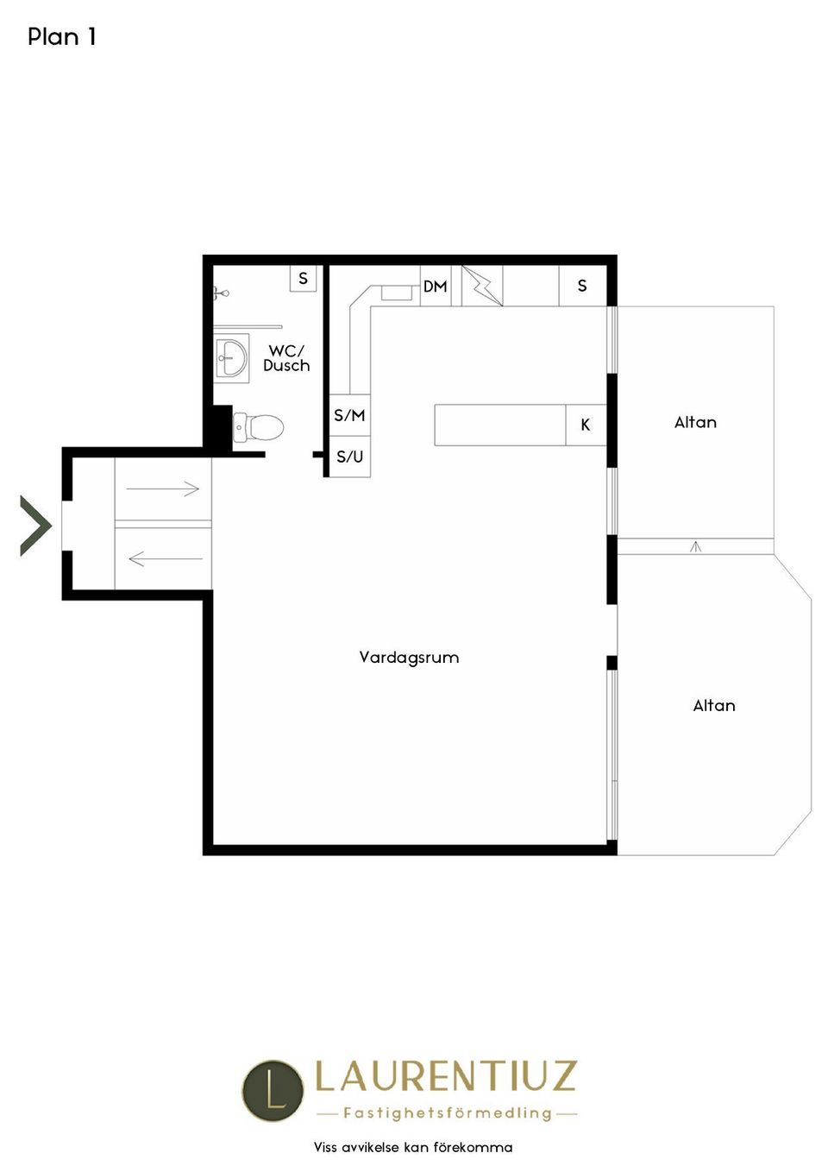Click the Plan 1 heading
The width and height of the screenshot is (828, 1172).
[62, 36]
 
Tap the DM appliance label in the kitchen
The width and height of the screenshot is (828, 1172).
[435, 287]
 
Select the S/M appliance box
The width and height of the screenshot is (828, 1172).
[349, 415]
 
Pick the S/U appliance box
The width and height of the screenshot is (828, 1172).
[349, 457]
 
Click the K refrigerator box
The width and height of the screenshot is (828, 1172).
[586, 425]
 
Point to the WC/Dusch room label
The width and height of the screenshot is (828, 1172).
[286, 358]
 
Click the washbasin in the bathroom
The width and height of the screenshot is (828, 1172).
[231, 358]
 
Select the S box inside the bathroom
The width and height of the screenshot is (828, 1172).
[304, 279]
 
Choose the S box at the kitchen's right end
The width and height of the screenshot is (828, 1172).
[582, 286]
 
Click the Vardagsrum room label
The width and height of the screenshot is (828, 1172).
[410, 658]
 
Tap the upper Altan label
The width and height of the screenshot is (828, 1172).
[695, 422]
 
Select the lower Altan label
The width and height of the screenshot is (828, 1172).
[714, 706]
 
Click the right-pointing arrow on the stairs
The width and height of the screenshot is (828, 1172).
[162, 489]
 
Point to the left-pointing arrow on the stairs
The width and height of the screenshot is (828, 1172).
[166, 558]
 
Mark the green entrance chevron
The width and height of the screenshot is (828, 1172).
[36, 526]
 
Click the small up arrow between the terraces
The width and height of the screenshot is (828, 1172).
[695, 547]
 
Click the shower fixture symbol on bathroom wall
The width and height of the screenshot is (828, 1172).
[221, 294]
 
